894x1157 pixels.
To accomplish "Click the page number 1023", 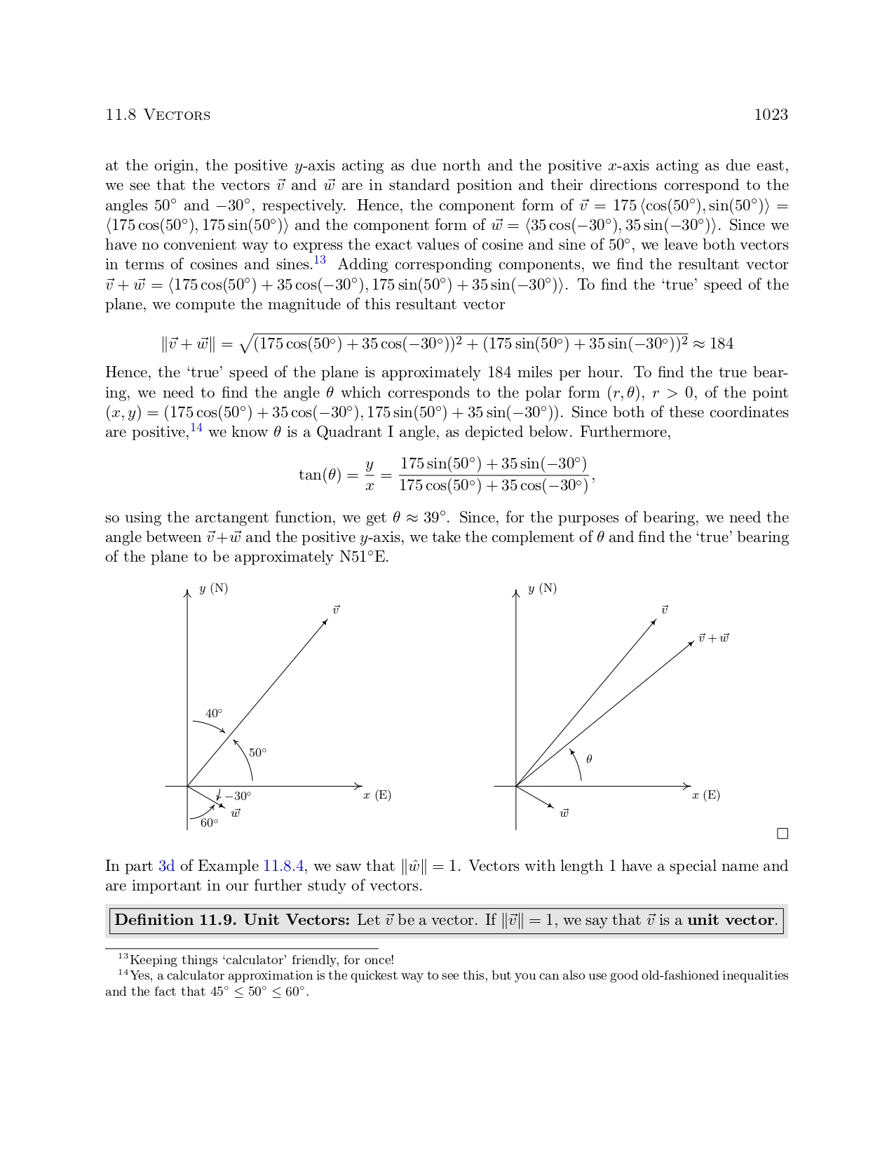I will (771, 115).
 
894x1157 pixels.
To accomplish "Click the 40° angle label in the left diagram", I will (214, 714).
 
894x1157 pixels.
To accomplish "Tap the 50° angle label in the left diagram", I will (257, 752).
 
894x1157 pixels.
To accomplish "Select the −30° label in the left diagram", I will (238, 796).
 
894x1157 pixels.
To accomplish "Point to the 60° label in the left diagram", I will (209, 823).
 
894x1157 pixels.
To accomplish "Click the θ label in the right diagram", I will (589, 759).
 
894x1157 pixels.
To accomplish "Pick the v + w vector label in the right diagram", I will (713, 638).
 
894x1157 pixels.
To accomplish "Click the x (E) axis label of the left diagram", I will (377, 795).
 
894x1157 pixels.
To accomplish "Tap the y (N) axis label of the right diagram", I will (542, 588).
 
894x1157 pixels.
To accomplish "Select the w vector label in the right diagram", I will (564, 813).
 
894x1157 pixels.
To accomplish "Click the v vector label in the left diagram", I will (336, 610).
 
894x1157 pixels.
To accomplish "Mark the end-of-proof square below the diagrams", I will (783, 834).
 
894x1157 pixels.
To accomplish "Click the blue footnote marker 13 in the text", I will (320, 260).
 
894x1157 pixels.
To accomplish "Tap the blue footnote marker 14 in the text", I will (196, 428).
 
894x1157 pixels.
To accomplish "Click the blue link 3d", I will (166, 866).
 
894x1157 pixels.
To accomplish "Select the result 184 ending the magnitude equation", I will (722, 344).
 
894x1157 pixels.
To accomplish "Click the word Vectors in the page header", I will (177, 116).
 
